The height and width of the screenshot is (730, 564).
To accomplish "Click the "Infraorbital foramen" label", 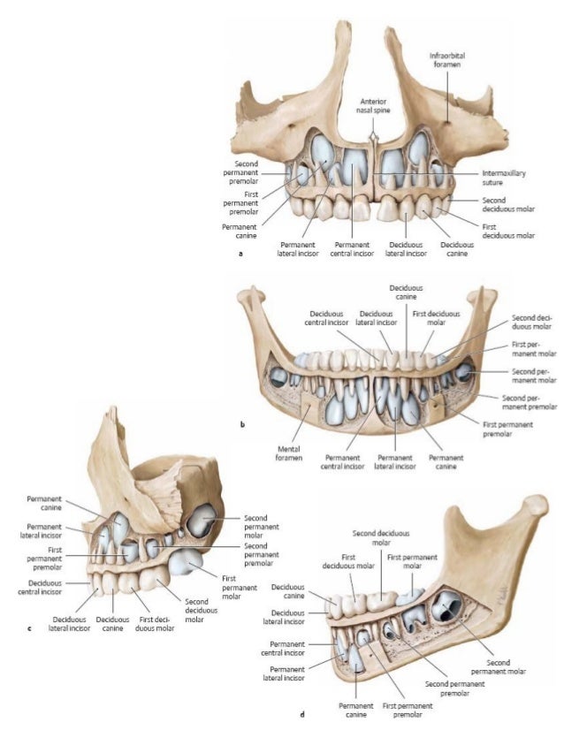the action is point(446,59).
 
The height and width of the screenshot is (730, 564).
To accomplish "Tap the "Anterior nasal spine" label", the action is point(373,105).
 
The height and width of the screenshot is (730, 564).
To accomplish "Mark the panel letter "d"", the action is point(302,714).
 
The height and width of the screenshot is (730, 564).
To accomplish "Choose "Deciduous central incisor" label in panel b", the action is point(332,317).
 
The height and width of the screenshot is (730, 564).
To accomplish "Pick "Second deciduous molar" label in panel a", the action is point(506,205).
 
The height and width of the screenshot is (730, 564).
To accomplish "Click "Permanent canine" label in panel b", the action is point(446,462).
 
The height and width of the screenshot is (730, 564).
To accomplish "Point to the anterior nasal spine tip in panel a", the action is point(375,133).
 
